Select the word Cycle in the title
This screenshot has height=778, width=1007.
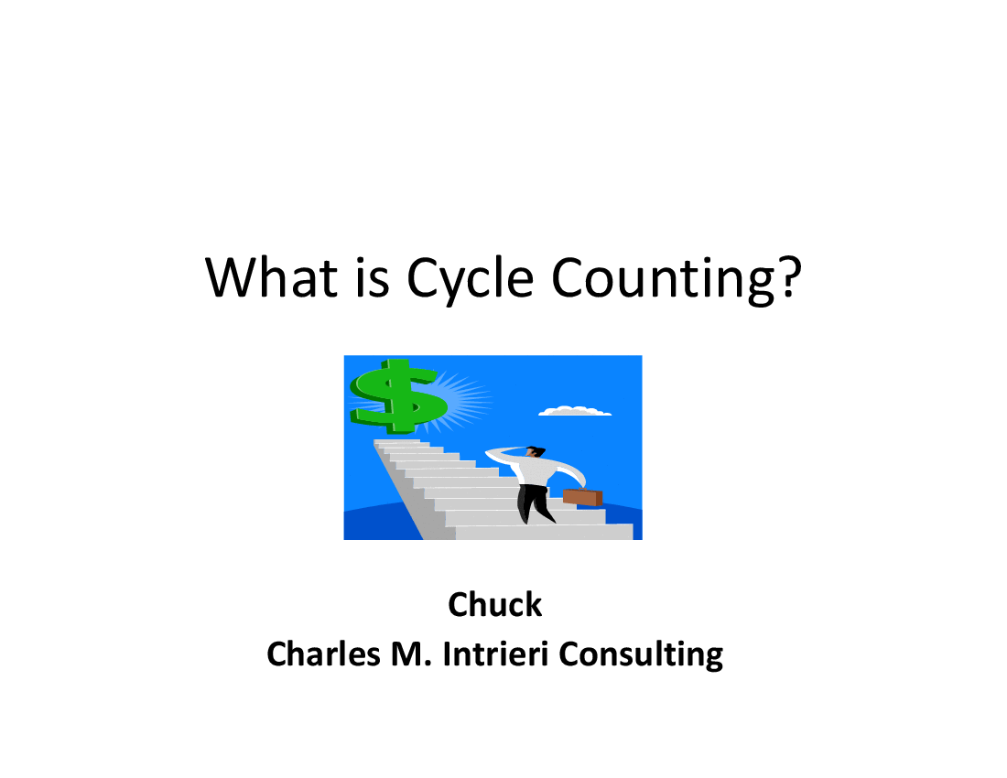coord(471,280)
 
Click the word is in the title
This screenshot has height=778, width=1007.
coord(373,278)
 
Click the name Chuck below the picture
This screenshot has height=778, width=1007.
coord(494,605)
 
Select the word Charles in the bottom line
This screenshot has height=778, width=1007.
coord(324,654)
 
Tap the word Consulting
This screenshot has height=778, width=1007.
coord(641,655)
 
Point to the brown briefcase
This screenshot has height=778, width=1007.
coord(582,497)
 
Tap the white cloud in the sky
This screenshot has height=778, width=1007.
coord(574,411)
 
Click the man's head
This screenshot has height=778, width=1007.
coord(535,451)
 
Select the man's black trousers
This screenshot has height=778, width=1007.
coord(535,503)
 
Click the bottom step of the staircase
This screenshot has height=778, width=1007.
coord(544,532)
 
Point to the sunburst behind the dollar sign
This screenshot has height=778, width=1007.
coord(462,398)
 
